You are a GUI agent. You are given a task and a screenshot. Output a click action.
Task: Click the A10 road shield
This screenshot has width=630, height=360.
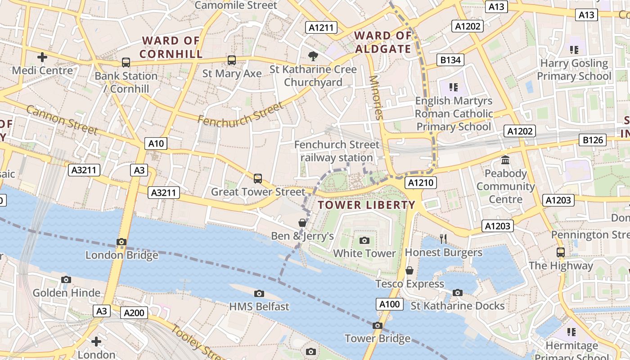pyautogui.click(x=156, y=144)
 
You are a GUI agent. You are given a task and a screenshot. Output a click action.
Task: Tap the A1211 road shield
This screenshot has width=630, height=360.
pyautogui.click(x=321, y=27)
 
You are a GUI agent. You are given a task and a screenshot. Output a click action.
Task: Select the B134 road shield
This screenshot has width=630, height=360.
pyautogui.click(x=450, y=60)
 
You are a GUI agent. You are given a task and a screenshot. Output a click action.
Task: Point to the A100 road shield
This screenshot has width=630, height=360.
pyautogui.click(x=390, y=304)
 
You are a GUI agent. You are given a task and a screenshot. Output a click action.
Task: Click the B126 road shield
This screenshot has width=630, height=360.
pyautogui.click(x=593, y=140)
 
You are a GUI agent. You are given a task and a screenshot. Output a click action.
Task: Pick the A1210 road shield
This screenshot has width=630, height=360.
pyautogui.click(x=421, y=183)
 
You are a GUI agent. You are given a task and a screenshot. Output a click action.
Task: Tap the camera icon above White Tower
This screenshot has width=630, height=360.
pyautogui.click(x=364, y=240)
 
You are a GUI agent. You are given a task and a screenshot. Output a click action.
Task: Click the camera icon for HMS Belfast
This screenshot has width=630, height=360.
pyautogui.click(x=259, y=294)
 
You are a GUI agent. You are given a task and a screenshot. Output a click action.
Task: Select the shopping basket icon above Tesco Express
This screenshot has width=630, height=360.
pyautogui.click(x=409, y=270)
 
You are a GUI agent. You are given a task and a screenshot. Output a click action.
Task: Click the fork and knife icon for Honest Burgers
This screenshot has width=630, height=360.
pyautogui.click(x=444, y=238)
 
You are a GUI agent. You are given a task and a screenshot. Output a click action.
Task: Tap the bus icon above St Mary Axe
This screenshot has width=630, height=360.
pyautogui.click(x=232, y=60)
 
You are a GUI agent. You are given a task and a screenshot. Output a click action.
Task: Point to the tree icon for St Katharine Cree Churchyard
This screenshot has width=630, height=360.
pyautogui.click(x=313, y=56)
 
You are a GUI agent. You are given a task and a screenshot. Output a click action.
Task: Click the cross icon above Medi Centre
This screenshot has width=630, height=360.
pyautogui.click(x=42, y=57)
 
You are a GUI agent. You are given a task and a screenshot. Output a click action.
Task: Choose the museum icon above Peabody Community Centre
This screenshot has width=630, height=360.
pyautogui.click(x=505, y=160)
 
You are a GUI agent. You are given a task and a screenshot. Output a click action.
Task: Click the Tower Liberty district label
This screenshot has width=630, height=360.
pyautogui.click(x=366, y=205)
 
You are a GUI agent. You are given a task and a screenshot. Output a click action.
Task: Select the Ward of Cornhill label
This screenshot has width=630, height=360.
pyautogui.click(x=171, y=47)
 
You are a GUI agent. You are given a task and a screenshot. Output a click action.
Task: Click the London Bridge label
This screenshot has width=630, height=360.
pyautogui.click(x=122, y=255)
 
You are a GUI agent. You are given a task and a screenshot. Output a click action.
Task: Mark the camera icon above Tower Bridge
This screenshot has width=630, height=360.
pyautogui.click(x=378, y=325)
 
